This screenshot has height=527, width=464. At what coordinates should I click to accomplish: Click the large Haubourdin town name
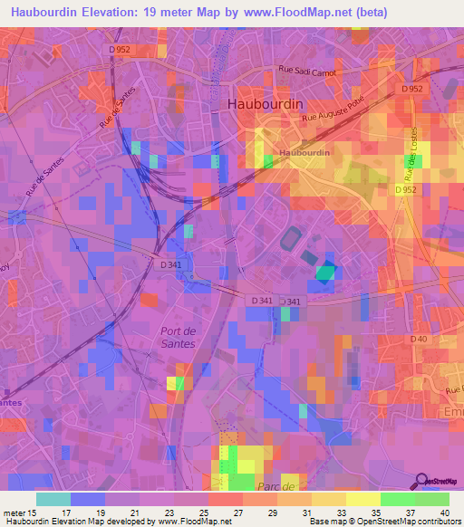pyautogui.click(x=263, y=104)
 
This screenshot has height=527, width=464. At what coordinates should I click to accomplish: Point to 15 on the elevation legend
pyautogui.click(x=34, y=513)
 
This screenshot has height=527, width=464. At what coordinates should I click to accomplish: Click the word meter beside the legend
pyautogui.click(x=14, y=513)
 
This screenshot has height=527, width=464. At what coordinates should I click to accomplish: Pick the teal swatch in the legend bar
pyautogui.click(x=53, y=499)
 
